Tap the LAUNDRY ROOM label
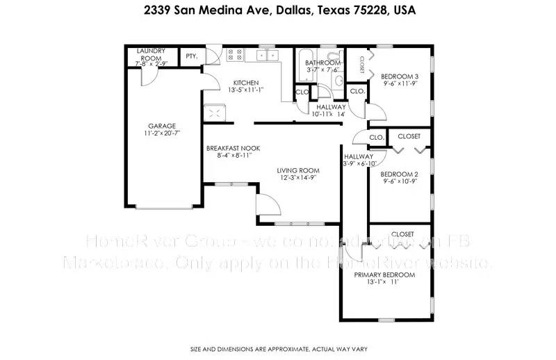pyautogui.click(x=150, y=51)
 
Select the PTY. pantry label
pyautogui.click(x=190, y=56)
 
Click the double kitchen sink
pyautogui.click(x=265, y=54)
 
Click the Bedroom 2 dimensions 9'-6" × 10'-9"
pyautogui.click(x=400, y=181)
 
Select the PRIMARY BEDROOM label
pyautogui.click(x=384, y=275)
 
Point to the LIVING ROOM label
pyautogui.click(x=297, y=170)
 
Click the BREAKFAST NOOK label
pyautogui.click(x=228, y=149)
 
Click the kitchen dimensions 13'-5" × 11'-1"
pyautogui.click(x=246, y=89)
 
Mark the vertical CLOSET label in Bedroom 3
pyautogui.click(x=362, y=64)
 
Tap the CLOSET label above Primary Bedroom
pyautogui.click(x=402, y=234)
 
